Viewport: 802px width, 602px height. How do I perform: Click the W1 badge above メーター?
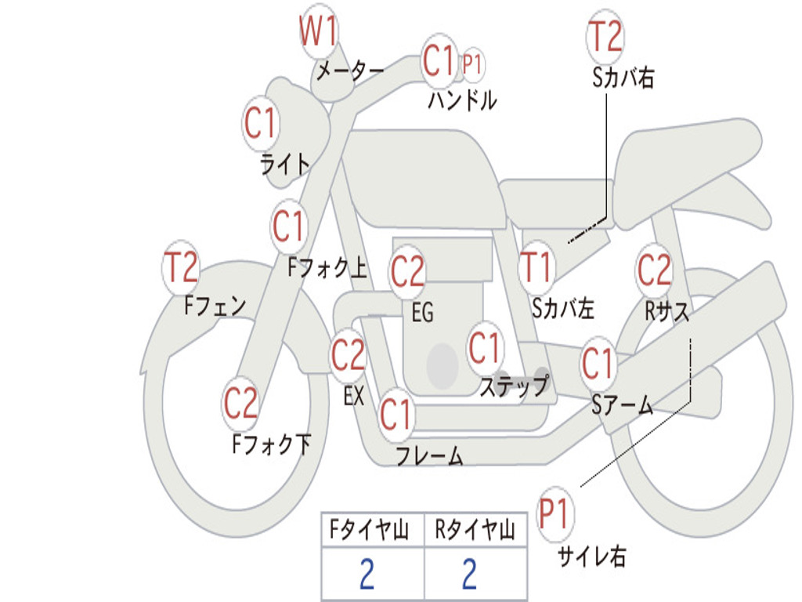(x=319, y=34)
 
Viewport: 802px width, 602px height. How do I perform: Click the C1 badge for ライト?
(x=260, y=123)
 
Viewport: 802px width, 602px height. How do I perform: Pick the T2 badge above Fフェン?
(x=181, y=268)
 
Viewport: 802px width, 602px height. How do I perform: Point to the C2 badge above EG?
(x=407, y=272)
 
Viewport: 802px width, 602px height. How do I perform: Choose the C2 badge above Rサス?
(x=654, y=270)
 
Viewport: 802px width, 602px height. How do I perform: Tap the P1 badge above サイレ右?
(x=555, y=515)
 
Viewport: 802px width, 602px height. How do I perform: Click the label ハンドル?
(x=462, y=100)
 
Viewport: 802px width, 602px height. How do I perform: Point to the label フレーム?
(x=429, y=456)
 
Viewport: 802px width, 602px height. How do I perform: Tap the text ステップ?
(x=514, y=386)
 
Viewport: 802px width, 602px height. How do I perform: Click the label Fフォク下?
(x=271, y=444)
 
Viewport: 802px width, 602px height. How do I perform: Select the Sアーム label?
(x=622, y=405)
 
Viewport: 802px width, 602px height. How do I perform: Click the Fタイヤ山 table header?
(x=372, y=531)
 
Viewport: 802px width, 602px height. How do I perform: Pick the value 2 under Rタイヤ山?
(x=469, y=575)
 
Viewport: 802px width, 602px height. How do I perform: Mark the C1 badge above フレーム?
(x=396, y=413)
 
